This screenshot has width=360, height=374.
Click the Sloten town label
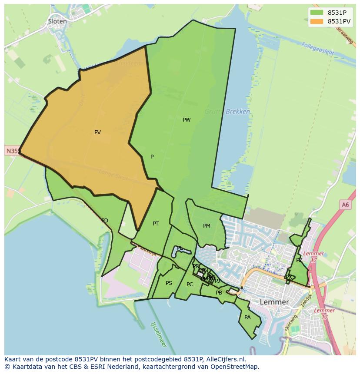(x=57, y=21)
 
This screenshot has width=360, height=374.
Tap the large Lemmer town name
(x=274, y=302)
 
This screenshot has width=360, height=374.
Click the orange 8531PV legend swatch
(x=317, y=21)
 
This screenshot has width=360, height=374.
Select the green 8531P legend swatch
(x=317, y=13)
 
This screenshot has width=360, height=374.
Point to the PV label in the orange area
(x=97, y=132)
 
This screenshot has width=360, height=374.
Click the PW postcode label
(x=187, y=120)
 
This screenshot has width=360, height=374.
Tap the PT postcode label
(x=156, y=224)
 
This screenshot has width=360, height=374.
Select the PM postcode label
(x=207, y=226)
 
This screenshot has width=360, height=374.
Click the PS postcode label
(x=169, y=283)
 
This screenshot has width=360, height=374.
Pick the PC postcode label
(x=190, y=285)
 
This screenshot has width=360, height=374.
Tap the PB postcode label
(x=219, y=293)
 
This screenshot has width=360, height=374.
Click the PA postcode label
(x=247, y=318)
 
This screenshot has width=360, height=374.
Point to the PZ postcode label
(x=299, y=260)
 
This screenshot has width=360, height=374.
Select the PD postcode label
(x=104, y=221)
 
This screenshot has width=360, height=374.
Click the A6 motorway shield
(x=345, y=205)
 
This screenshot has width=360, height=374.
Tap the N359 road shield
(x=13, y=151)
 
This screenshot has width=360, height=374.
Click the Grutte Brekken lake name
(x=228, y=112)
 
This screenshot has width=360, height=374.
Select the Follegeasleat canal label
(x=317, y=49)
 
